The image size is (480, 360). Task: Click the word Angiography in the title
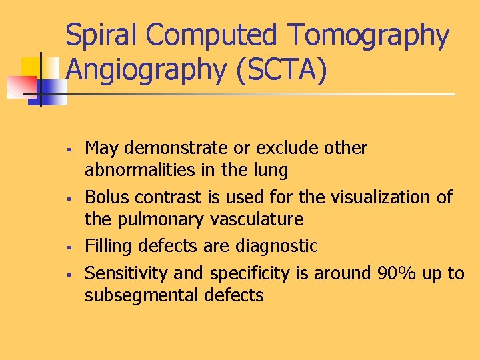(146, 71)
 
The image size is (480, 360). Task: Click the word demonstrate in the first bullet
(171, 147)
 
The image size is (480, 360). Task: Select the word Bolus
(105, 197)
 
